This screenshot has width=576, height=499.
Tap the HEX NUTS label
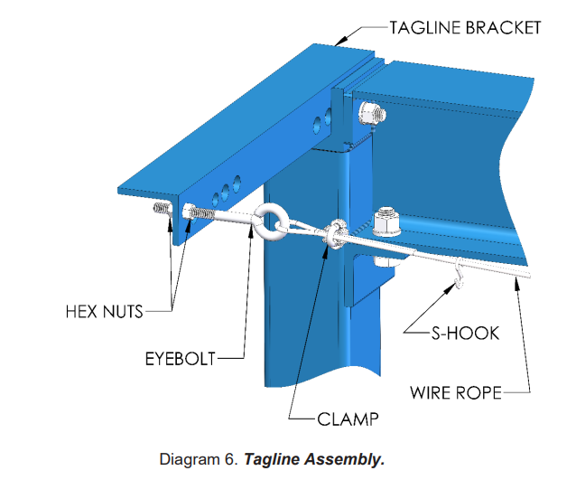point(104,312)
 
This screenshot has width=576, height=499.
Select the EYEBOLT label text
point(181,359)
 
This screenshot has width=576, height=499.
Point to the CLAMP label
point(348,419)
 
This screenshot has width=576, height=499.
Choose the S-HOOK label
point(462,333)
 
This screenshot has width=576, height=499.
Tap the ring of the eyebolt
point(271,220)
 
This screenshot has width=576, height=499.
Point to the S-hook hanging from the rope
point(461,272)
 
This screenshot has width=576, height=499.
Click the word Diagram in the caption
point(190,459)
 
